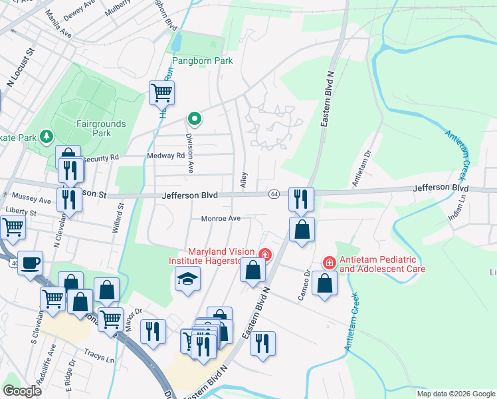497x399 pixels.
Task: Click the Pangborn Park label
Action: [x=203, y=61]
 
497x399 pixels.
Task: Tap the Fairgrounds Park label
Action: [x=102, y=128]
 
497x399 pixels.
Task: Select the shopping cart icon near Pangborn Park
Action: [x=161, y=93]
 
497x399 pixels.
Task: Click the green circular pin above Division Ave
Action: [x=194, y=119]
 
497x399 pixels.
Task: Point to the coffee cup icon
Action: [x=30, y=263]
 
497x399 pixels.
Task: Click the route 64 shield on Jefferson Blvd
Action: [x=274, y=194]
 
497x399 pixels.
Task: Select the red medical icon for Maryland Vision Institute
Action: [x=265, y=255]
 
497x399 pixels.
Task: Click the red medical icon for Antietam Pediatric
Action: [x=328, y=263]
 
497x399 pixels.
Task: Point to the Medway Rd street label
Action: [x=166, y=156]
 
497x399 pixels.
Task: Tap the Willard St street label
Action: [x=121, y=216]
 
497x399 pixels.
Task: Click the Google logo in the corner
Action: [x=23, y=391]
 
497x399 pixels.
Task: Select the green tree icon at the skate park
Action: [x=46, y=137]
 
